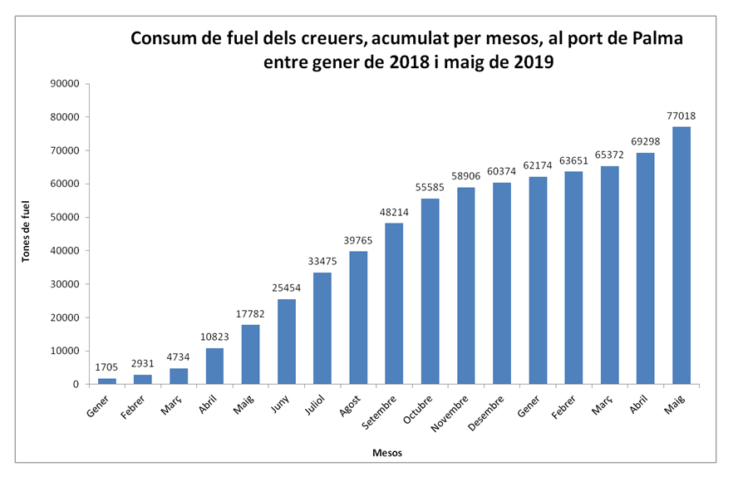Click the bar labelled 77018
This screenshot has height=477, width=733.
coord(681,255)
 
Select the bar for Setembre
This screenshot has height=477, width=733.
coord(395,303)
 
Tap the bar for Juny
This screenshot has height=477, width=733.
coord(287,342)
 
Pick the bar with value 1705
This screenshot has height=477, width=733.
coord(107,381)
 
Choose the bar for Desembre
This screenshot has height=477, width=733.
coord(502,283)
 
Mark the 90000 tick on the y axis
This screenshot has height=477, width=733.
coord(64,83)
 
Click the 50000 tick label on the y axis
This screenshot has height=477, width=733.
coord(64,217)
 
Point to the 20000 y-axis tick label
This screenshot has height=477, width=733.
coord(64,317)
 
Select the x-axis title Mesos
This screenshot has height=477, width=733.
coord(386,453)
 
